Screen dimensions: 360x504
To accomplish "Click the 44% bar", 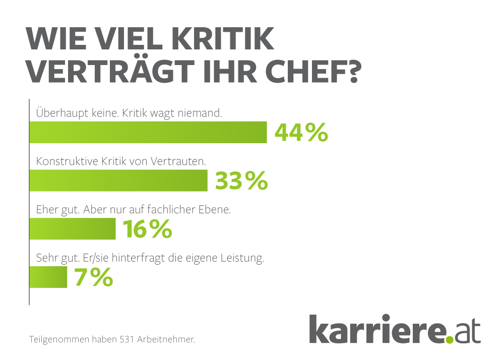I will click(x=148, y=133).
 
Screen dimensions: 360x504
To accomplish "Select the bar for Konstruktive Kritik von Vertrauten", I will click(x=118, y=181).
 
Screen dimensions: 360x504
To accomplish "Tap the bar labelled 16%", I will click(x=73, y=228).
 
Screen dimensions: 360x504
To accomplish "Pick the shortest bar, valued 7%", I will click(x=48, y=277).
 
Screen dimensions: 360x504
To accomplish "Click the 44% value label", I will click(x=301, y=133).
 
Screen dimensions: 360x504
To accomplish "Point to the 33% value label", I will click(x=241, y=181).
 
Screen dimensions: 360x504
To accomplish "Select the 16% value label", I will click(x=147, y=229).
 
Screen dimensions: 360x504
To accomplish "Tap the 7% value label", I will click(x=94, y=277).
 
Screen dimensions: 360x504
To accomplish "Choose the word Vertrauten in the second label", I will click(x=182, y=162).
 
